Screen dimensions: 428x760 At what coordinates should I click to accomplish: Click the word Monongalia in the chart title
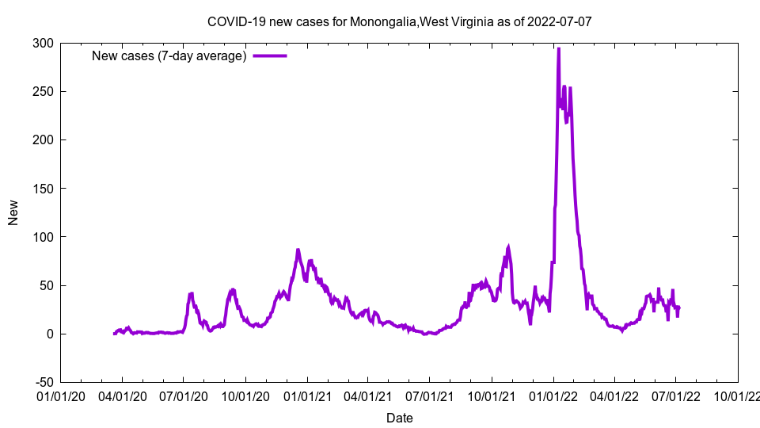pos(383,22)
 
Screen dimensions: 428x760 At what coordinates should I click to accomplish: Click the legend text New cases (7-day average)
pos(169,55)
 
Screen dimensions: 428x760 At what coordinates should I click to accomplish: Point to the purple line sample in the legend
pos(269,55)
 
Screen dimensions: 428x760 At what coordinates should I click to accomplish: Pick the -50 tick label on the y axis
pos(43,382)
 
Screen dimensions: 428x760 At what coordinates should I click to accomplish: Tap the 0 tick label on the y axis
pos(49,334)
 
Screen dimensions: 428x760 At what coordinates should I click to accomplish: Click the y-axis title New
pos(13,212)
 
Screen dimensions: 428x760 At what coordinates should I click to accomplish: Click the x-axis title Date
pos(400,418)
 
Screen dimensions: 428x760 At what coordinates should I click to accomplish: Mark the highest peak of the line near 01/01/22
pos(559,49)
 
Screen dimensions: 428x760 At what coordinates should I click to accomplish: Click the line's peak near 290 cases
pos(559,50)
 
